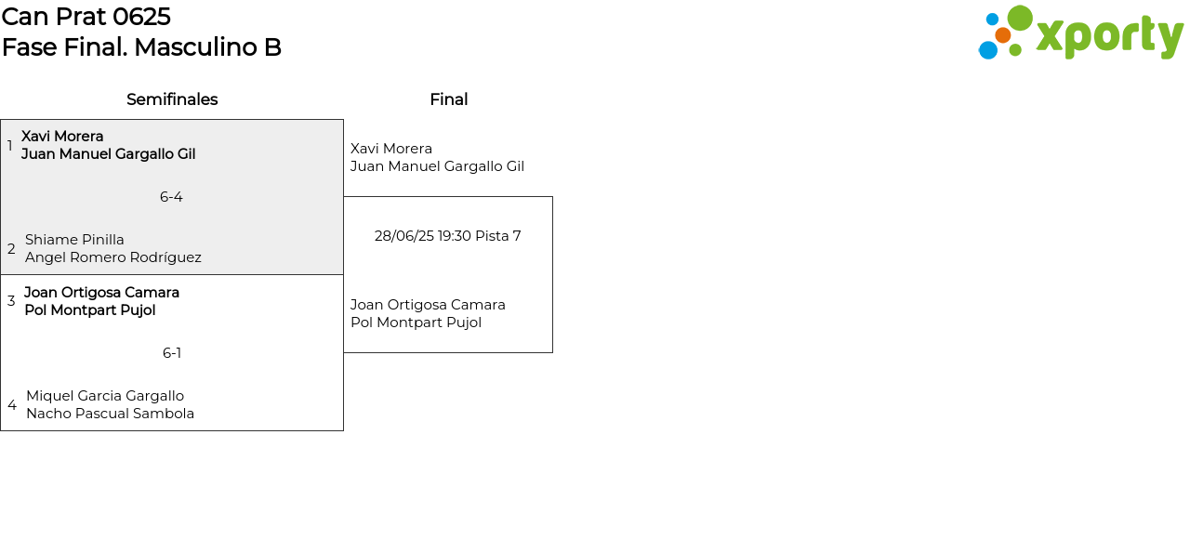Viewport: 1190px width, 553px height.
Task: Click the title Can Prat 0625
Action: click(86, 17)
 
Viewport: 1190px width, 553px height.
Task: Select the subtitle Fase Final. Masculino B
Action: click(141, 47)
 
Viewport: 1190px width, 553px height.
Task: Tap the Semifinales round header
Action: click(172, 99)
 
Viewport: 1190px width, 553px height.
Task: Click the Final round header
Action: click(449, 99)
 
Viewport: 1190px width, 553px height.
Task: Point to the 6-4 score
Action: click(171, 197)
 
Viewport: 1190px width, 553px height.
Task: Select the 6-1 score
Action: click(172, 353)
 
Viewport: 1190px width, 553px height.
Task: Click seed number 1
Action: click(9, 146)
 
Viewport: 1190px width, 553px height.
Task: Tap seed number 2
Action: click(11, 248)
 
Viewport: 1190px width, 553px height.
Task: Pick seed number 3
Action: click(11, 301)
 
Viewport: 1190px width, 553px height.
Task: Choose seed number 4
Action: click(12, 405)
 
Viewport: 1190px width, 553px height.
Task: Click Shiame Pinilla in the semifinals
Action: click(74, 240)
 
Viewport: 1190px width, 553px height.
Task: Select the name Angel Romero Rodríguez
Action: click(113, 257)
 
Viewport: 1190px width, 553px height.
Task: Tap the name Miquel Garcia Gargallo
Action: click(105, 396)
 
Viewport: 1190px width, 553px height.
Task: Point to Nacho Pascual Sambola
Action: click(110, 414)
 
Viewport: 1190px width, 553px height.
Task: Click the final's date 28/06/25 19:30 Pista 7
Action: click(447, 236)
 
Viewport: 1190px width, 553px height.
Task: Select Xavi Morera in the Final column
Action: click(391, 149)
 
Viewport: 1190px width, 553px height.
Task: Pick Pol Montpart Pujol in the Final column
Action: click(416, 323)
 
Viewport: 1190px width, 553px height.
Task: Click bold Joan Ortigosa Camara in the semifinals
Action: click(101, 293)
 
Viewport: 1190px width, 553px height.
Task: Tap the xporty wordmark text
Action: click(1110, 36)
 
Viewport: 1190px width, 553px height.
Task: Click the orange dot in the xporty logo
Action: click(1003, 35)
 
